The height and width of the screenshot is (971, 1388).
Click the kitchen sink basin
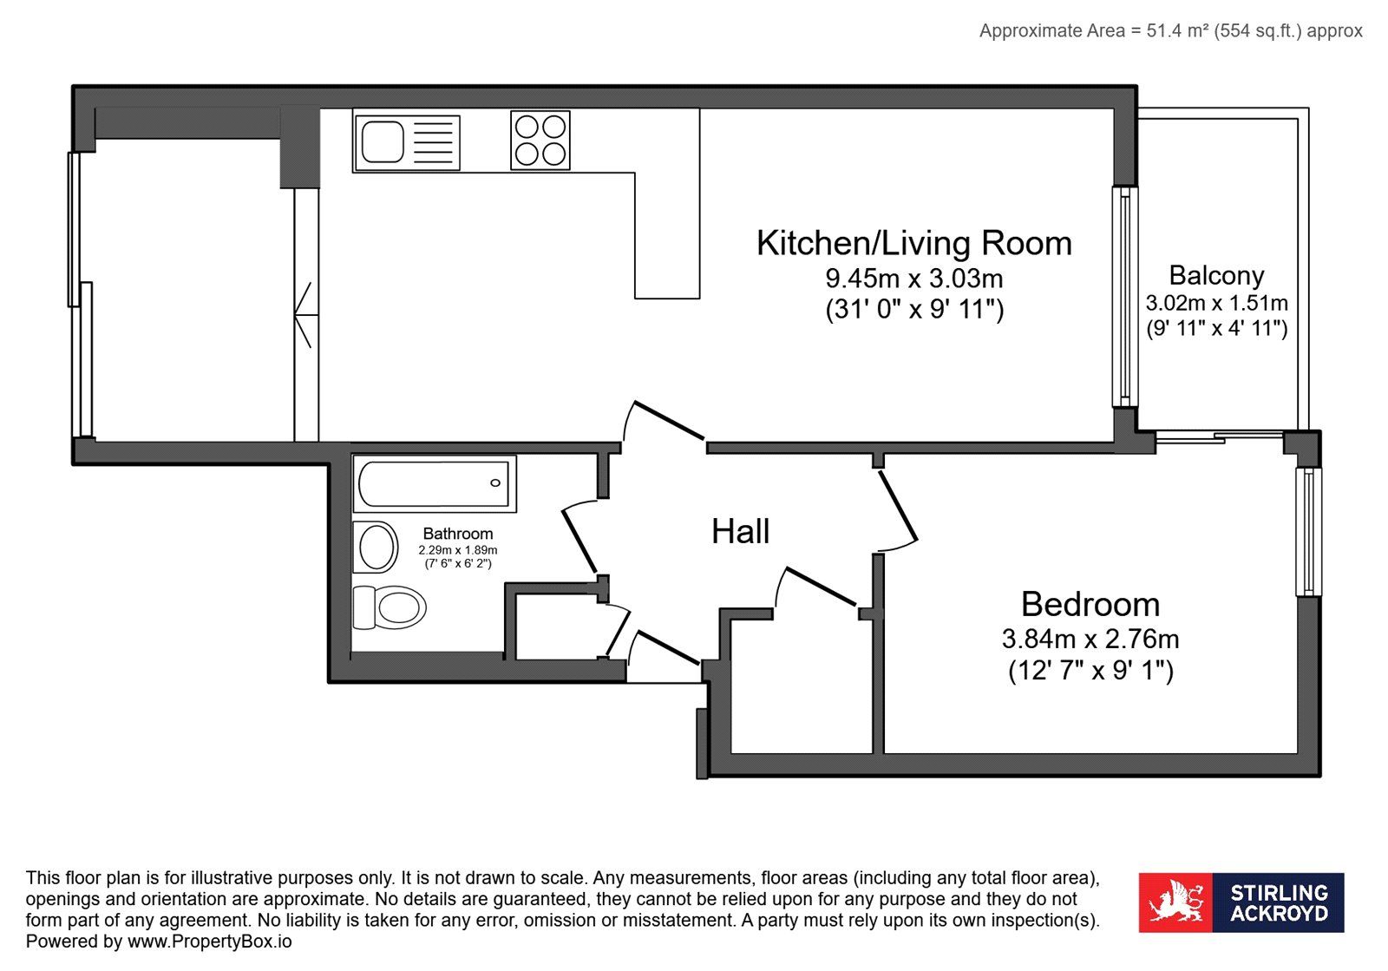tap(383, 142)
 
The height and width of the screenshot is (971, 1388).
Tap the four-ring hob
tap(540, 140)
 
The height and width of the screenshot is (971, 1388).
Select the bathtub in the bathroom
tap(434, 484)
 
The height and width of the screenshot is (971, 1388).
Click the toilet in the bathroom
tap(390, 607)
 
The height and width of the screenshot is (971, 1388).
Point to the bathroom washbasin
tap(376, 548)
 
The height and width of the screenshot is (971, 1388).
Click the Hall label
tap(741, 532)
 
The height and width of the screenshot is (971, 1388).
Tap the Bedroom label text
tap(1090, 604)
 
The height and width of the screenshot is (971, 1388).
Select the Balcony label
tap(1216, 276)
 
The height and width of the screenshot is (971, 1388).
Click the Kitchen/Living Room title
tap(914, 243)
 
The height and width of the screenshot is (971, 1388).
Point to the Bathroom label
tap(458, 534)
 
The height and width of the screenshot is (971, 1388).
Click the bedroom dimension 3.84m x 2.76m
tap(1090, 639)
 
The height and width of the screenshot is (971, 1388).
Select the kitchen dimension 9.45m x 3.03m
tap(914, 279)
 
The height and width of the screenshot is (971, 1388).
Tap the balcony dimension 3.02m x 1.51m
tap(1216, 303)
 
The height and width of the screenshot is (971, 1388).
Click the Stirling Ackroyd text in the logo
tap(1279, 902)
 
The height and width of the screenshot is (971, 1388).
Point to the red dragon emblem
tap(1175, 902)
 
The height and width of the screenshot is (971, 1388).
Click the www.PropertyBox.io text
tap(209, 941)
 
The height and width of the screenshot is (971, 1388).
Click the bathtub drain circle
tap(495, 483)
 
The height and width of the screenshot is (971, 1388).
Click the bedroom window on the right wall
tap(1309, 532)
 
